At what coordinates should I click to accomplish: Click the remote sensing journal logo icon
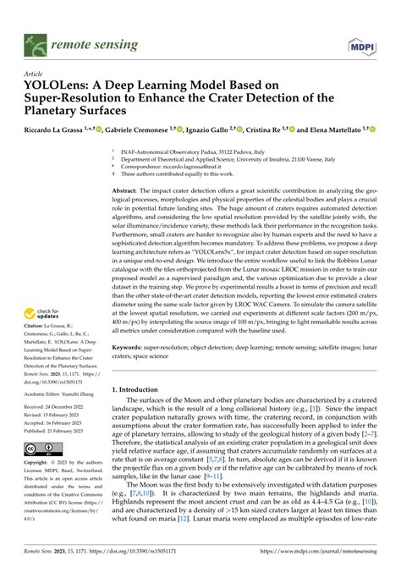point(35,40)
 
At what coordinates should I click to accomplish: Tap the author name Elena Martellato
point(332,129)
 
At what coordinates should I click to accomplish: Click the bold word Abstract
point(129,192)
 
